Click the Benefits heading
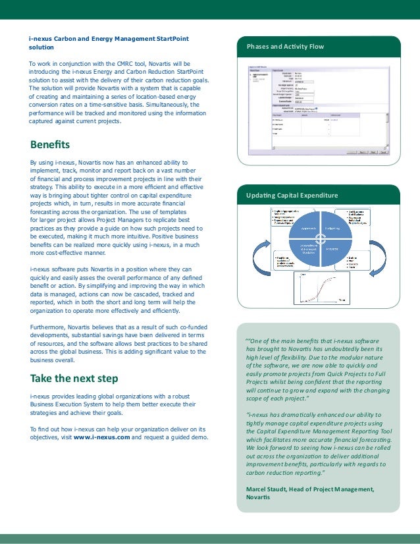point(50,144)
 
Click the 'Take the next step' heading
point(74,378)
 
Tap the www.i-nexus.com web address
point(101,437)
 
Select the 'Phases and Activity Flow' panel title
point(285,47)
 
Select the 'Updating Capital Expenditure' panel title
point(292,196)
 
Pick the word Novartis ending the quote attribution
point(257,497)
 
